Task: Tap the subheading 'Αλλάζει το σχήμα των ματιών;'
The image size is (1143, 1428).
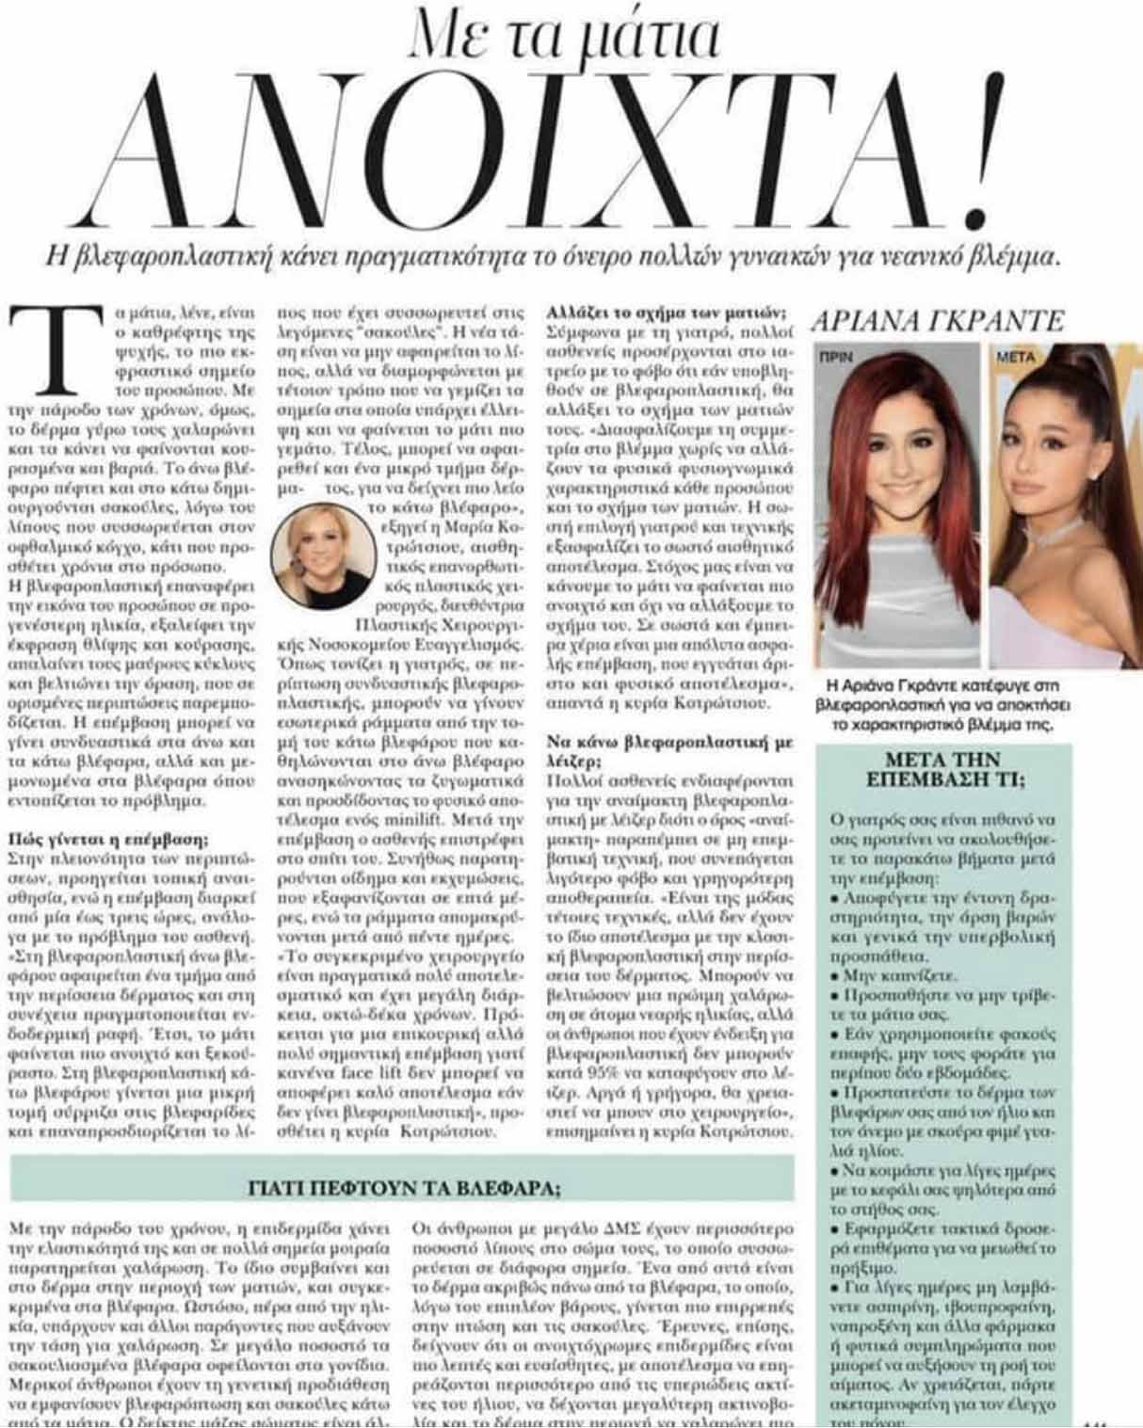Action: click(668, 313)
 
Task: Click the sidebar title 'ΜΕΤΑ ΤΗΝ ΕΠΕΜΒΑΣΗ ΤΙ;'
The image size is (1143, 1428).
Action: click(942, 769)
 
